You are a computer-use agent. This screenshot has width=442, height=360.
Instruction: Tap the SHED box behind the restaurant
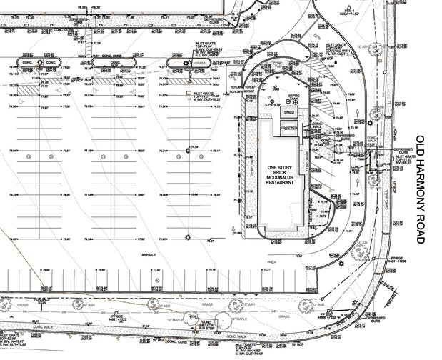(x=288, y=112)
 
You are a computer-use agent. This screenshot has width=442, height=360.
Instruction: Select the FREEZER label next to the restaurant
(x=288, y=126)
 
